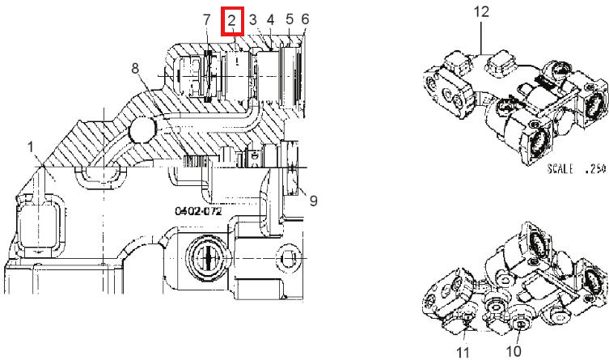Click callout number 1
coord(31,147)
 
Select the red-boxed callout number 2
coord(232,21)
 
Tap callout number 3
coord(253,19)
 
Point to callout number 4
coord(270,19)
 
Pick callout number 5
coord(290,19)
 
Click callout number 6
coord(305,19)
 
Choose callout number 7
coord(206,19)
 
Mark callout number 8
coord(135,68)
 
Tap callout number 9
coord(314,201)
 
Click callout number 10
coord(514,351)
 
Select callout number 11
coord(463,353)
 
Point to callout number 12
coord(481,11)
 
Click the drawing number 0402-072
coord(198,211)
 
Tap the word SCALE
coord(560,168)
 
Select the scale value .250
coord(595,168)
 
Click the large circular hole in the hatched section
coord(142,129)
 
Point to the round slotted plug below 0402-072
coord(209,257)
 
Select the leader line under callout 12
coord(481,37)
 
